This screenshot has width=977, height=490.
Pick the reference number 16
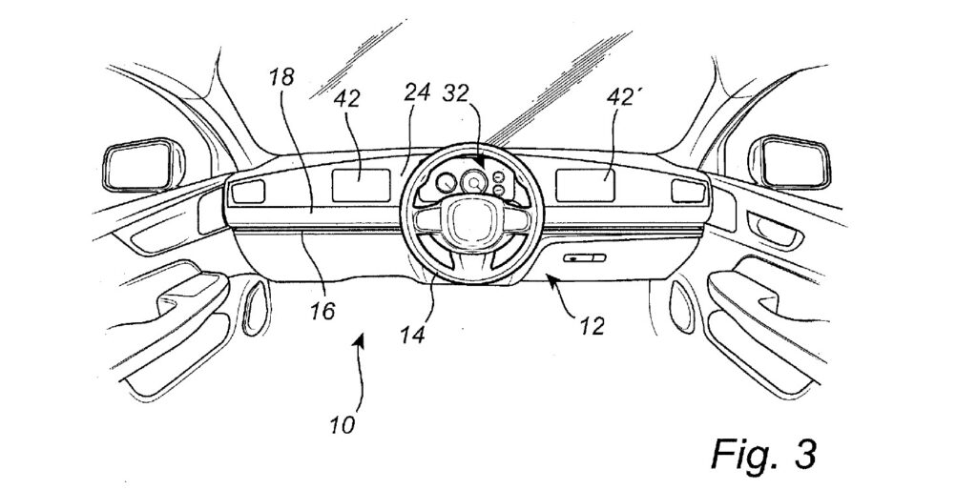322,311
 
